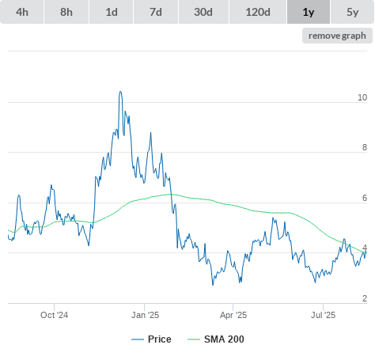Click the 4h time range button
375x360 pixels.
pos(22,12)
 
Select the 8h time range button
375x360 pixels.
pos(66,12)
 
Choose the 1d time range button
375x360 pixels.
pos(112,12)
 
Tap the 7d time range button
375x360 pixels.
pos(156,12)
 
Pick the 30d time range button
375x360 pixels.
pos(203,12)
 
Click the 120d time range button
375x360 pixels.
pos(258,12)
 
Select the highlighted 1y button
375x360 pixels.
pos(309,12)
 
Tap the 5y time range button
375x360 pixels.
pos(353,12)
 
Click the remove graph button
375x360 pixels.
pos(337,36)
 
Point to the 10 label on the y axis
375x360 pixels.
pos(362,97)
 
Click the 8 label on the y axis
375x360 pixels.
pos(365,147)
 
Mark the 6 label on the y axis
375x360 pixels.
pos(365,198)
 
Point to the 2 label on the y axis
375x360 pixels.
pos(365,298)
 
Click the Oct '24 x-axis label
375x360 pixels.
pos(54,315)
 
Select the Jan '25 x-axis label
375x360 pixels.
pos(145,315)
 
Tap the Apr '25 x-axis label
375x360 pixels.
pos(233,315)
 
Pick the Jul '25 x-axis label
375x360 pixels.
pos(323,315)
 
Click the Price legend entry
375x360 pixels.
pos(151,339)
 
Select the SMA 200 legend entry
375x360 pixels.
pos(216,339)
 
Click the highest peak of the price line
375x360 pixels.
pos(120,92)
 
